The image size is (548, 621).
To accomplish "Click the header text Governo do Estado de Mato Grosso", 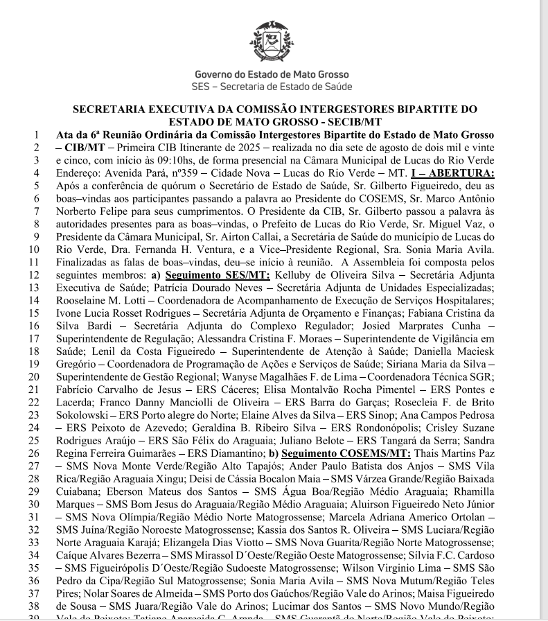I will pos(272,74).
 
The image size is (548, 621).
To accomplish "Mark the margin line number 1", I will pos(35,134).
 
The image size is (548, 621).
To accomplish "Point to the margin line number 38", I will pos(33,605).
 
